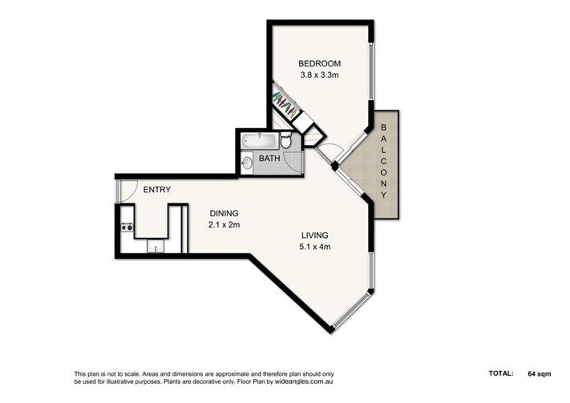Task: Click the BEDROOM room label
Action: (x=320, y=63)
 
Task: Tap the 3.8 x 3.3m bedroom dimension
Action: (x=320, y=75)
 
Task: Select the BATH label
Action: (x=269, y=159)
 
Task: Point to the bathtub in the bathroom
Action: (x=260, y=140)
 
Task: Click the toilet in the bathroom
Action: (x=285, y=140)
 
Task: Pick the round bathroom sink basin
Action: (x=247, y=163)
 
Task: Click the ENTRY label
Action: (x=156, y=190)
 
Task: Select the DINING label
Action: (x=224, y=213)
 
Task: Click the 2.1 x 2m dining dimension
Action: (x=224, y=225)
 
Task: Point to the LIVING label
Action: (x=315, y=235)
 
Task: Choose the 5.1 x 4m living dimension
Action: (x=315, y=247)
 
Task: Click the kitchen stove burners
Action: (x=127, y=227)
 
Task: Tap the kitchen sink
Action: (x=156, y=247)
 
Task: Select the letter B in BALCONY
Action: (x=383, y=127)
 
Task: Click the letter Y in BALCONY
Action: (x=383, y=195)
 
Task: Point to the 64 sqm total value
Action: (x=539, y=373)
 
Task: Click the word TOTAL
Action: (x=501, y=373)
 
